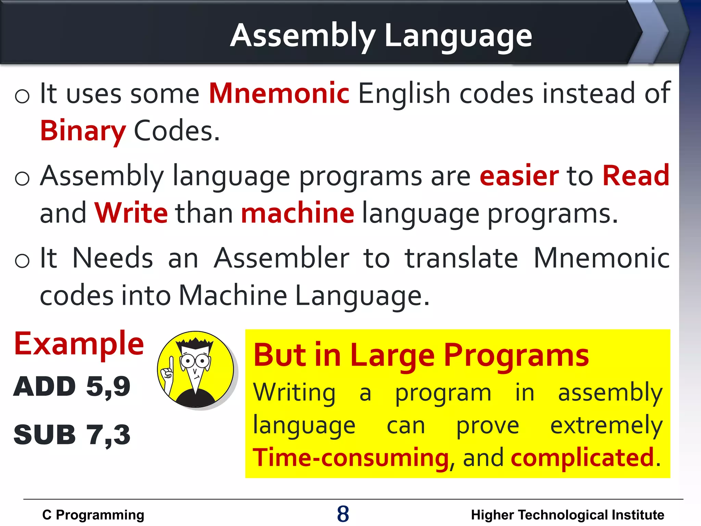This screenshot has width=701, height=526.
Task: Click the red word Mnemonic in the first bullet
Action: (279, 93)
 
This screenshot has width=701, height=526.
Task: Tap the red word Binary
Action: (83, 131)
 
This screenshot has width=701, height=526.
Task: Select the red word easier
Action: (519, 176)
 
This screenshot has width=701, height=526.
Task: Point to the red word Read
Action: (636, 176)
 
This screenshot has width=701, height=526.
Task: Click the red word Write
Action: (131, 213)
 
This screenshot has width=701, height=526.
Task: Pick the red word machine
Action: (297, 213)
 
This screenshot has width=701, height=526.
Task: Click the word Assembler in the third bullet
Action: (281, 258)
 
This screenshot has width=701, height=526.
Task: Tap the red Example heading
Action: (79, 344)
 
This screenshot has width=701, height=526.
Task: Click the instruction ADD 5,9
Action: (72, 387)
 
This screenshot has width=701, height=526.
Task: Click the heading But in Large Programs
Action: (421, 355)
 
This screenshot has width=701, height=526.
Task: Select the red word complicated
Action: (582, 458)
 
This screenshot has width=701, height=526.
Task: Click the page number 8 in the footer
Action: (343, 514)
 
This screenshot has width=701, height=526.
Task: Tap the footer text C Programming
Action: (93, 515)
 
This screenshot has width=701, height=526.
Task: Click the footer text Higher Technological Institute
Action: (567, 515)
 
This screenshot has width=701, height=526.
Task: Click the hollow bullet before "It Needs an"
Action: (23, 261)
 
